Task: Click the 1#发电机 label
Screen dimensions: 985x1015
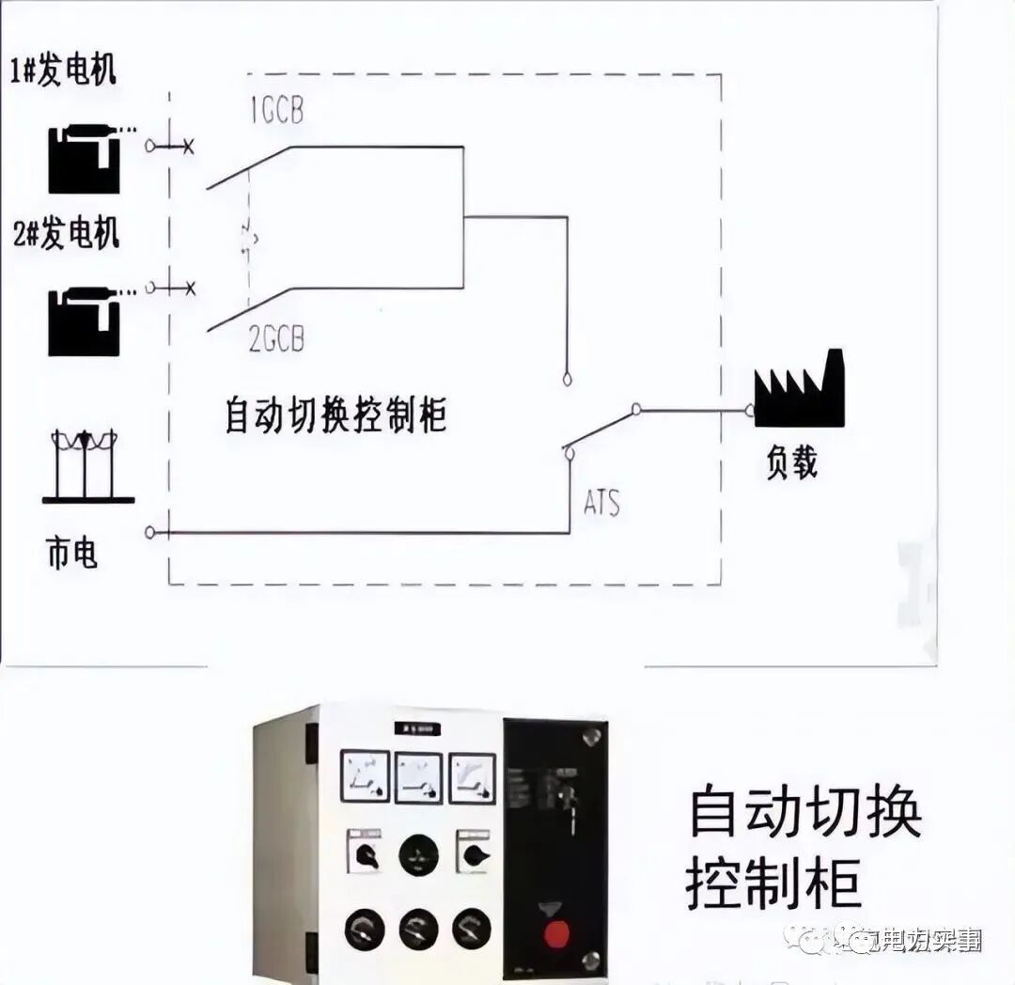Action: (63, 72)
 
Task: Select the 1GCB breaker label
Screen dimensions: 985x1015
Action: (276, 113)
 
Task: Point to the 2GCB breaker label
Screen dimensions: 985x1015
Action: (277, 338)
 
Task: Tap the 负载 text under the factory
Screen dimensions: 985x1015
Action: (791, 462)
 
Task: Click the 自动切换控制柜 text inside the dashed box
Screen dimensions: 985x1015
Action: (336, 414)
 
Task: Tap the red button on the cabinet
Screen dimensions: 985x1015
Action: (557, 934)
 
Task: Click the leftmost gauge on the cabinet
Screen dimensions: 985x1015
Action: (365, 775)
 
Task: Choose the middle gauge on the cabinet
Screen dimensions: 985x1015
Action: (418, 775)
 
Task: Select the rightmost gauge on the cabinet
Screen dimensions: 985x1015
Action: (473, 775)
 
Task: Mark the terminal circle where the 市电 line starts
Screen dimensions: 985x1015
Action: (150, 533)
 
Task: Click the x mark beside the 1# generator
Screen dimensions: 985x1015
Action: (188, 147)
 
